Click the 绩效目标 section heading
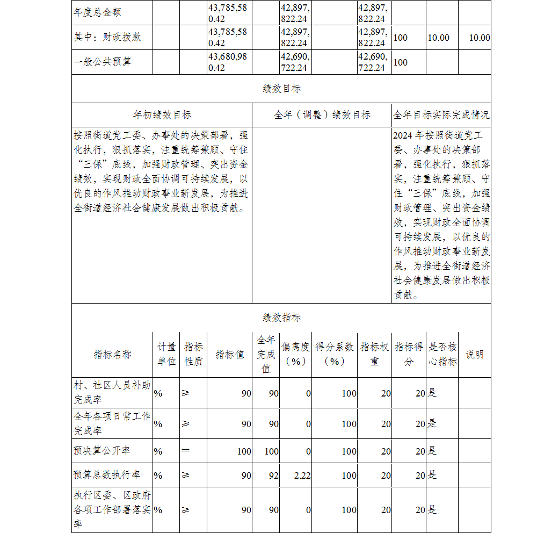click(x=281, y=89)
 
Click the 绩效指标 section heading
click(x=281, y=318)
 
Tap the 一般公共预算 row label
click(x=103, y=62)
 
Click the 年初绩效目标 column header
click(x=162, y=115)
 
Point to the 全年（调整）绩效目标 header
click(x=322, y=115)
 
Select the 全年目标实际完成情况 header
click(x=441, y=115)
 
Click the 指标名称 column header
click(x=112, y=354)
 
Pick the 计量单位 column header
click(x=166, y=354)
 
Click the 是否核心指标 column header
click(x=442, y=354)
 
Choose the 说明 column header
click(x=474, y=354)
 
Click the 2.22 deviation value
click(x=302, y=476)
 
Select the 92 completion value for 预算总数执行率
click(x=273, y=476)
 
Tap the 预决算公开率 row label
click(x=101, y=451)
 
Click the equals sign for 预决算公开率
click(x=185, y=451)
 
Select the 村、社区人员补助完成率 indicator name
click(x=112, y=393)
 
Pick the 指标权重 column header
click(x=374, y=354)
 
